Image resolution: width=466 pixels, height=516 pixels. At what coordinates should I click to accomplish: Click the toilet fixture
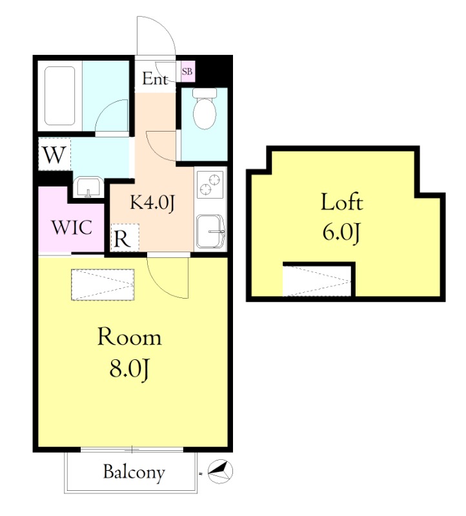[205, 108]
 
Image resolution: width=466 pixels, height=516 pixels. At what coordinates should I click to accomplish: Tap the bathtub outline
[59, 95]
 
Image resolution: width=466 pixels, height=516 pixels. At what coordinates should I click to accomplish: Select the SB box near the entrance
[188, 71]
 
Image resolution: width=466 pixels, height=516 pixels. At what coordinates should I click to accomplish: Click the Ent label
[156, 79]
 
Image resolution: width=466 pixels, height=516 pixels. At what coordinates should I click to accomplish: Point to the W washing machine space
[55, 154]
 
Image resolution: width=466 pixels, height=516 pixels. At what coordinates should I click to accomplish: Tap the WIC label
[72, 227]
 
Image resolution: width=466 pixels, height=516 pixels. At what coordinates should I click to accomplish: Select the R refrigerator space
[125, 237]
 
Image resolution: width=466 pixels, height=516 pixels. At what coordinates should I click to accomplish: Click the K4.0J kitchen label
[152, 203]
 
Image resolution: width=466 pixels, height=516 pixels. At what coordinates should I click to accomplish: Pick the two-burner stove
[210, 184]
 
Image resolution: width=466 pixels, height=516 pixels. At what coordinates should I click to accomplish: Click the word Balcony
[134, 473]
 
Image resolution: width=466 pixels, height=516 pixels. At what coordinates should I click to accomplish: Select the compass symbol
[220, 471]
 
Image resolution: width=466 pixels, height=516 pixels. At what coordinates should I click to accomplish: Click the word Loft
[342, 202]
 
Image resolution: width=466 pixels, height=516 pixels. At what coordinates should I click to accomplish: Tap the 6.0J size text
[341, 233]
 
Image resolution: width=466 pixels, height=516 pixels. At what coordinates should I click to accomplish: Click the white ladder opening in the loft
[317, 281]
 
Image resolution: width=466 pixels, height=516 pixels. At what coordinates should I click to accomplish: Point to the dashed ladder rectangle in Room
[103, 284]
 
